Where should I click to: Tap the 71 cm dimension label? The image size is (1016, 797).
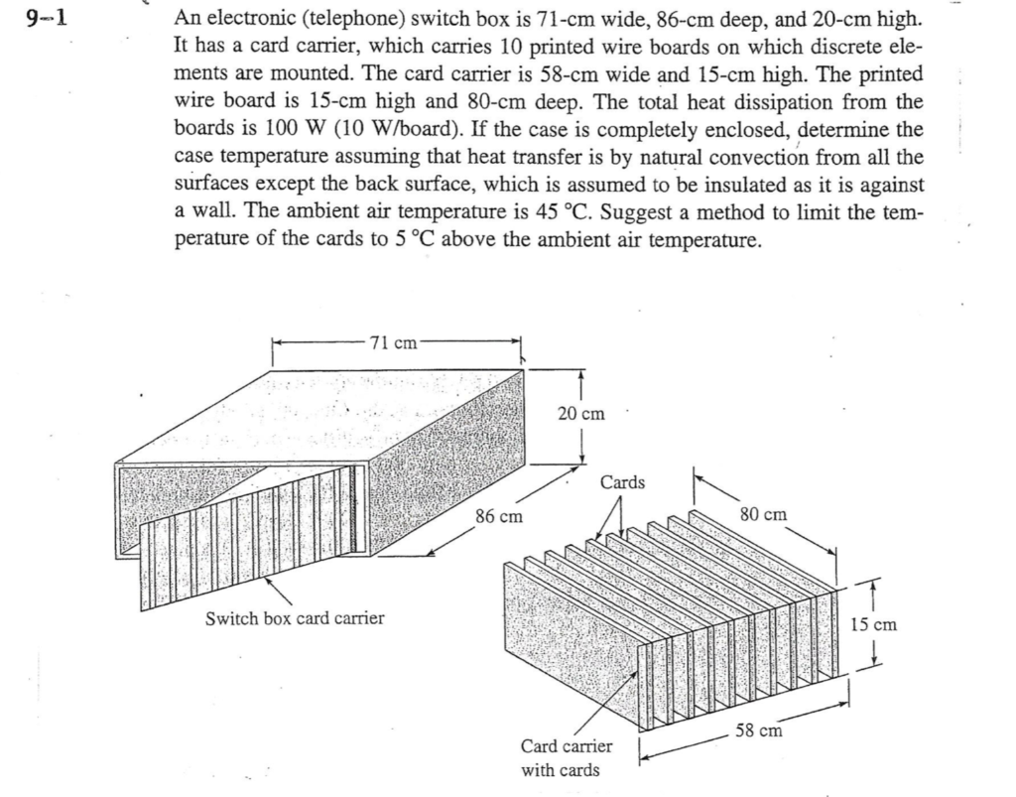click(x=393, y=344)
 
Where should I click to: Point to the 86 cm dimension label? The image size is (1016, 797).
click(x=499, y=517)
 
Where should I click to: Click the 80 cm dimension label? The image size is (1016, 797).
click(x=765, y=514)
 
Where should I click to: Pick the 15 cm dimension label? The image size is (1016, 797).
click(x=874, y=624)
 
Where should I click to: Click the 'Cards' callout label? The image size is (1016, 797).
click(x=623, y=482)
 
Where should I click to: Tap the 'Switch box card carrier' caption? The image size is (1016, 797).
click(x=294, y=618)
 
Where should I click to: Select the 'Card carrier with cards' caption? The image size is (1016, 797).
click(x=567, y=757)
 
